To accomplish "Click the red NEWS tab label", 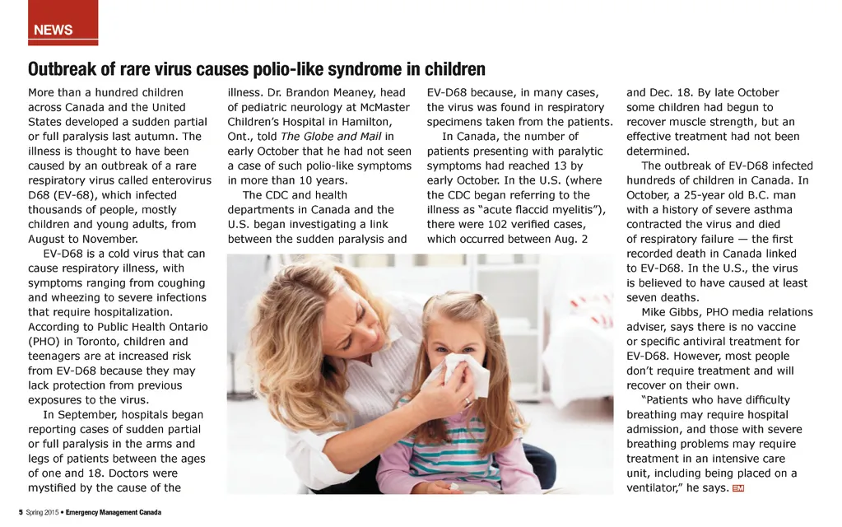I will pos(53,30).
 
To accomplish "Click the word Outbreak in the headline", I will pos(59,69).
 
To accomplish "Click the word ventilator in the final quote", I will pos(656,488).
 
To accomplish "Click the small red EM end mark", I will pos(737,489).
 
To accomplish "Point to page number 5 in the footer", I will pos(21,512).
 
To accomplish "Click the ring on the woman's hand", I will pos(468,401).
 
